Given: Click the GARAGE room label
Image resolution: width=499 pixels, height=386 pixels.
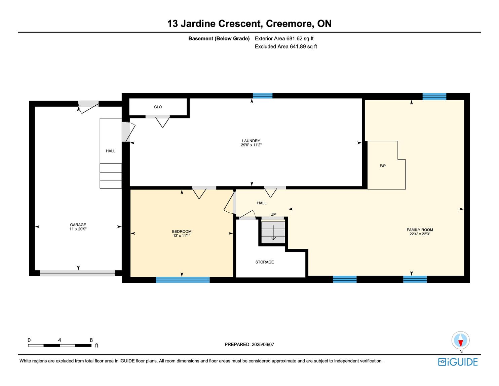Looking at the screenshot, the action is click(x=78, y=225).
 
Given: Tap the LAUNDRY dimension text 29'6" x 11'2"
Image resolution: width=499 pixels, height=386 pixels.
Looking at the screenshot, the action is click(x=251, y=145).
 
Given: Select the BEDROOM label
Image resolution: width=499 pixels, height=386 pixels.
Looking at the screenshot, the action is click(x=182, y=232).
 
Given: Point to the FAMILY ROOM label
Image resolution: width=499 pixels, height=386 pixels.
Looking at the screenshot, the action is click(x=420, y=230).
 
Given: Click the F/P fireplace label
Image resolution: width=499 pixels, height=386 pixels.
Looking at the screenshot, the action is click(x=383, y=166).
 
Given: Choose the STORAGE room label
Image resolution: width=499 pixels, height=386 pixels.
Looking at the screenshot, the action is click(x=265, y=262).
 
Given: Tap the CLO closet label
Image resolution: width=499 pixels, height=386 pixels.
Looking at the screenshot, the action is click(x=158, y=107).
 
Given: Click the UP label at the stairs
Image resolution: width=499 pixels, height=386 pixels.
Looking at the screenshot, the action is click(x=273, y=214).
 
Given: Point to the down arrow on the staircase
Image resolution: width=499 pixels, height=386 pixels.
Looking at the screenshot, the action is click(x=273, y=233).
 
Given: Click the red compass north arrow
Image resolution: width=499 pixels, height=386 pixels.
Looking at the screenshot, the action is click(x=460, y=343).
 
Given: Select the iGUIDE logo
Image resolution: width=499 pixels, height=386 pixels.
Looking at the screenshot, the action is click(x=458, y=362).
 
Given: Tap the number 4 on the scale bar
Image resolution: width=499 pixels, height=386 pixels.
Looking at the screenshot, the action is click(x=60, y=340).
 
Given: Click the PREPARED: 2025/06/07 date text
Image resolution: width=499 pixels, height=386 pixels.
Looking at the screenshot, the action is click(x=249, y=344).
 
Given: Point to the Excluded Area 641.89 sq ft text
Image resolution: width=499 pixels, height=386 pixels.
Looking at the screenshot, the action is click(x=286, y=46).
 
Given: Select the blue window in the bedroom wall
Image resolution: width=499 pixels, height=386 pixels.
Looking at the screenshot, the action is click(x=183, y=280).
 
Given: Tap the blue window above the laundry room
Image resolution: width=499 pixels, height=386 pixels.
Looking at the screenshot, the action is click(x=263, y=96).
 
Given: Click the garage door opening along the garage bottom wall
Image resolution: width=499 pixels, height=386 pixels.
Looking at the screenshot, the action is click(x=77, y=273).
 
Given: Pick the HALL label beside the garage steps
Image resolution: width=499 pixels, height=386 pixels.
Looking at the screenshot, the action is click(x=110, y=151).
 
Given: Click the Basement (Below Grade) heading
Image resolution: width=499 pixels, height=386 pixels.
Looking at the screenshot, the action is click(x=219, y=39).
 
